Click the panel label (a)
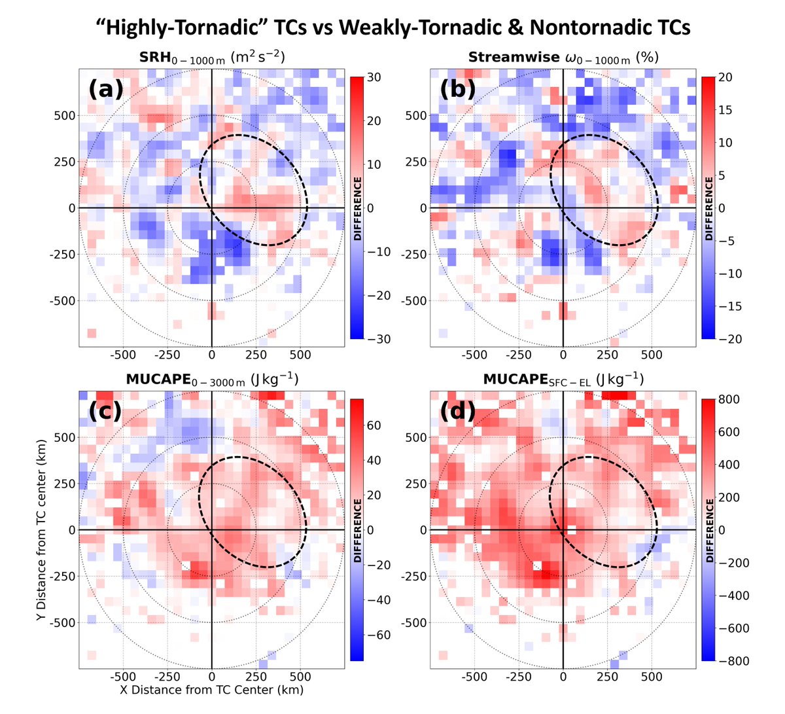tap(105, 88)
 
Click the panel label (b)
tap(457, 88)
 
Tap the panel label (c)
tap(105, 411)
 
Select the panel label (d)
tap(457, 411)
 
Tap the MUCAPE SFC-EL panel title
tap(563, 380)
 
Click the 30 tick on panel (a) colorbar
tap(374, 77)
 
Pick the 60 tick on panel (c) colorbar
tap(374, 426)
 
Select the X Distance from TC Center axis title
tap(211, 689)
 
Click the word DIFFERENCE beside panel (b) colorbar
tap(709, 208)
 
